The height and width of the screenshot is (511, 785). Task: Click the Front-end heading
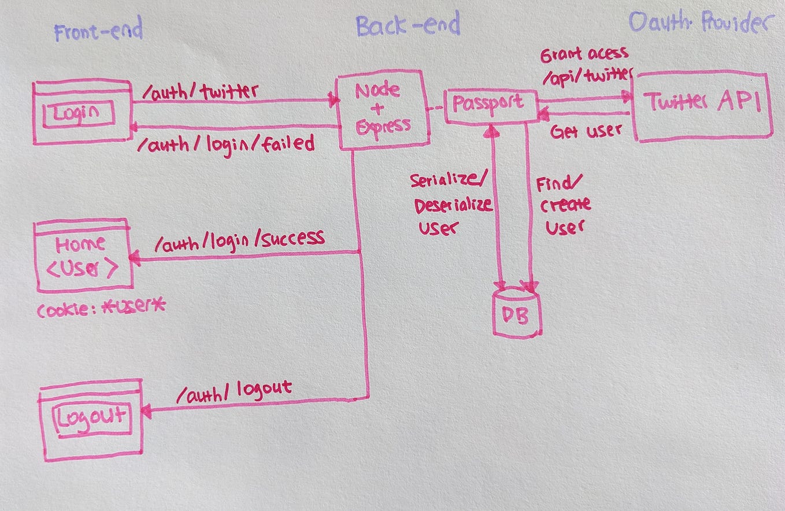click(x=98, y=30)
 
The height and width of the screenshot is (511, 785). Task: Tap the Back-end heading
click(x=408, y=26)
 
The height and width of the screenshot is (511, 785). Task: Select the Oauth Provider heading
click(x=701, y=23)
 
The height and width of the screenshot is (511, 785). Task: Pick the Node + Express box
click(x=383, y=109)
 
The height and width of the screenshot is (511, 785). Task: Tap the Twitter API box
click(x=702, y=105)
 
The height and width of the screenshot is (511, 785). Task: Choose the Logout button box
click(x=91, y=417)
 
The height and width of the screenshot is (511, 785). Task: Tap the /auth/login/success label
click(x=239, y=240)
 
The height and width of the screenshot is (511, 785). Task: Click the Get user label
click(x=586, y=132)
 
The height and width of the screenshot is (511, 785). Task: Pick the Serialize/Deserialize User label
click(x=451, y=203)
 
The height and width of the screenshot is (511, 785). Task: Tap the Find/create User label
click(x=563, y=206)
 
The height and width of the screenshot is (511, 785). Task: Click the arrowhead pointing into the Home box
click(x=134, y=259)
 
